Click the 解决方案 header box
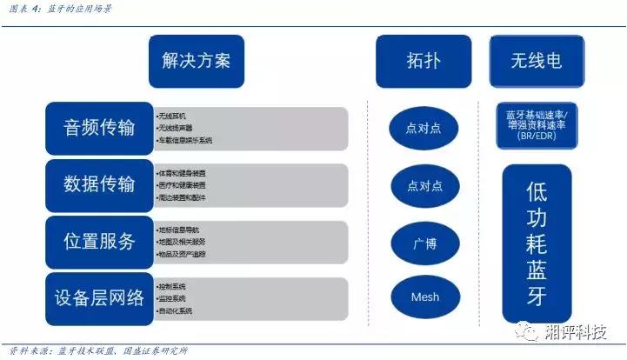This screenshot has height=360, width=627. tap(195, 62)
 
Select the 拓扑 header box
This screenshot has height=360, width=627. tap(423, 62)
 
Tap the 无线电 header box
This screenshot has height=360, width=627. tap(536, 62)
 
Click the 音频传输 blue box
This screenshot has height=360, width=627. tap(100, 128)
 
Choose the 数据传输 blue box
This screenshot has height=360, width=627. tap(100, 184)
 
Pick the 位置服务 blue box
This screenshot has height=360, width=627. tap(100, 241)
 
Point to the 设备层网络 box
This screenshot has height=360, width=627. tap(100, 297)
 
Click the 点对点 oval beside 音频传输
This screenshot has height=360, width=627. tap(424, 129)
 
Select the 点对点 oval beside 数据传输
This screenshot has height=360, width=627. tap(424, 186)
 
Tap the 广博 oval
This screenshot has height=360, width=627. tap(424, 243)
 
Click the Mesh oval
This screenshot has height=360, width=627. tap(424, 297)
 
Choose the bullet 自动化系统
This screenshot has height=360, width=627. tap(175, 310)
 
